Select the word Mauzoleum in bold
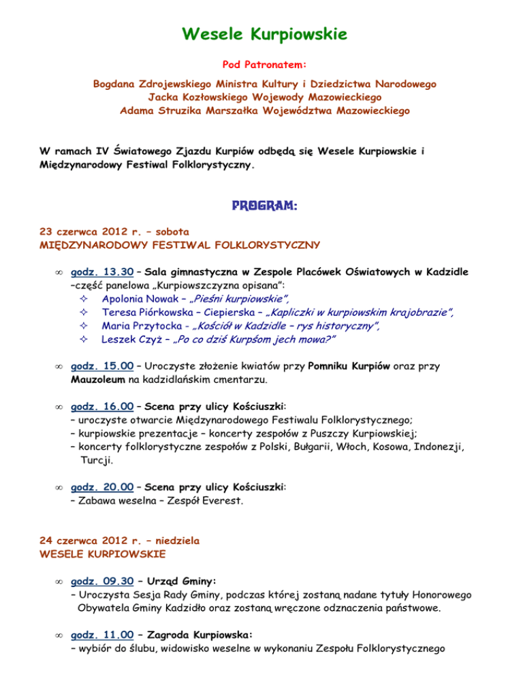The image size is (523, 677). point(99,378)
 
